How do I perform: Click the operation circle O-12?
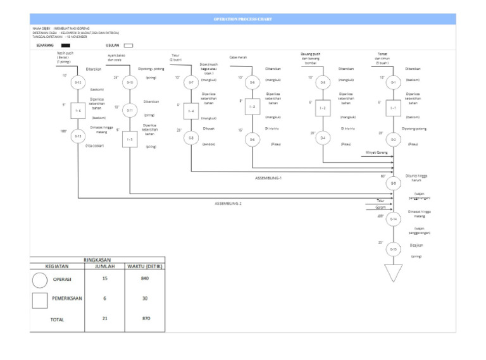pyautogui.click(x=77, y=82)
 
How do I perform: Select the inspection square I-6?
pyautogui.click(x=77, y=111)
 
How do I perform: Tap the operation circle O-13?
pyautogui.click(x=77, y=136)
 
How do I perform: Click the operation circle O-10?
pyautogui.click(x=130, y=82)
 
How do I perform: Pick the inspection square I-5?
pyautogui.click(x=130, y=139)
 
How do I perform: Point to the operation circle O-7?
pyautogui.click(x=191, y=82)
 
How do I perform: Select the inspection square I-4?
pyautogui.click(x=191, y=111)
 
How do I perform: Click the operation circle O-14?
pyautogui.click(x=393, y=219)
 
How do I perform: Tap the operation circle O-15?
pyautogui.click(x=393, y=249)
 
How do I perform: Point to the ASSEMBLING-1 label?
pyautogui.click(x=269, y=178)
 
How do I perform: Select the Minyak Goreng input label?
pyautogui.click(x=377, y=152)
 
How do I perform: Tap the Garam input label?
pyautogui.click(x=381, y=207)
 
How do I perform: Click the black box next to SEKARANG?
pyautogui.click(x=66, y=46)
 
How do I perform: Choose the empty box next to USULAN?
pyautogui.click(x=128, y=46)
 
